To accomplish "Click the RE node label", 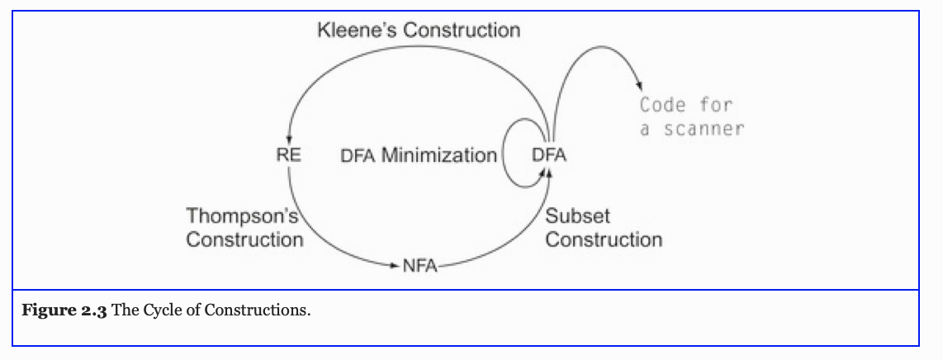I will [x=289, y=154].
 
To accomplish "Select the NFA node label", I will [x=419, y=266].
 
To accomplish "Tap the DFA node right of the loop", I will [x=549, y=154].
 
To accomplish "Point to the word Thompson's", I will [x=240, y=216].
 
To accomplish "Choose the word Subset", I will [x=577, y=216].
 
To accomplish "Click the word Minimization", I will [x=438, y=155].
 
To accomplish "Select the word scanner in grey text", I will [x=704, y=129].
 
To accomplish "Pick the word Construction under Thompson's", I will [x=244, y=240].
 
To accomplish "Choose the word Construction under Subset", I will [x=604, y=240].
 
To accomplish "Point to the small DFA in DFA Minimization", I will [x=358, y=156].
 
